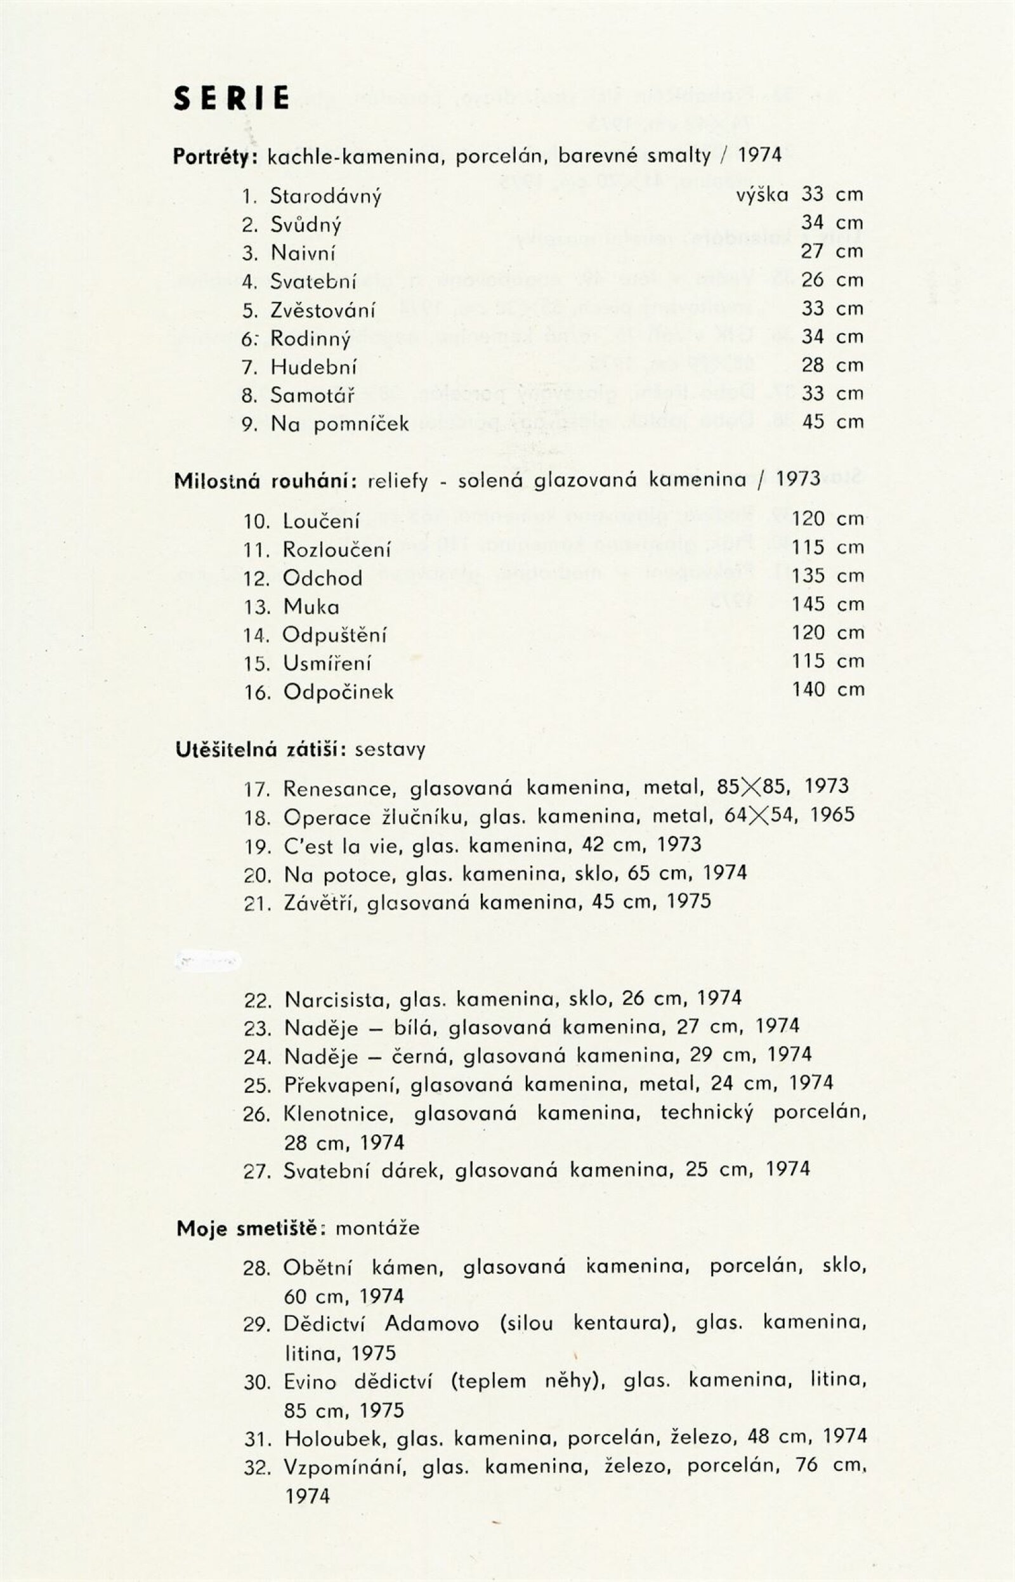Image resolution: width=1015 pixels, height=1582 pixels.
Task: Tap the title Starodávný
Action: point(325,197)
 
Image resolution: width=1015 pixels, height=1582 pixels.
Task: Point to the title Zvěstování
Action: point(322,310)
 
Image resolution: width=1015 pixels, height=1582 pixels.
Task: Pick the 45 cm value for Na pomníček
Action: point(832,422)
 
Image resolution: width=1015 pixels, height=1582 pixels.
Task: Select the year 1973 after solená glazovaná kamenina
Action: point(798,479)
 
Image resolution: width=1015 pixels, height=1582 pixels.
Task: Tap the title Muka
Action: point(310,607)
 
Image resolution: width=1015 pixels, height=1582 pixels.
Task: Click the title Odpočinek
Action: point(338,692)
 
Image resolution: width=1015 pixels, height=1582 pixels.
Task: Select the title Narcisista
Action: point(336,998)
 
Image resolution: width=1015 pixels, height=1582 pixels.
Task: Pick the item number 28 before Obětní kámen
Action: point(256,1269)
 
